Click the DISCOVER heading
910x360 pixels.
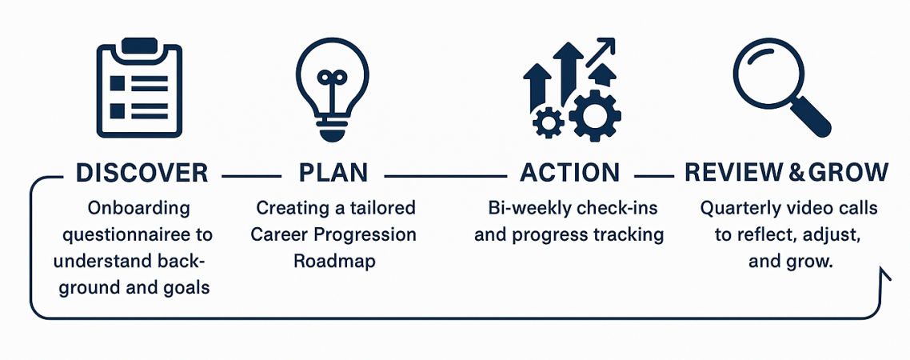click(x=142, y=173)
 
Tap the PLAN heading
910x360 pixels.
click(x=333, y=173)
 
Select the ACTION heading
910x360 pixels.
click(x=569, y=173)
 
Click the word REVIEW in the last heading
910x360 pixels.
click(x=735, y=173)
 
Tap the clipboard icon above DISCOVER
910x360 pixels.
click(x=139, y=87)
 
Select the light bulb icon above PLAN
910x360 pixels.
click(x=333, y=89)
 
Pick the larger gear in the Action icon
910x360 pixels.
click(x=595, y=115)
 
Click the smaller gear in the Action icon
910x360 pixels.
click(x=548, y=122)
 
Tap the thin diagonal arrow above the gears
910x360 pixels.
click(x=600, y=52)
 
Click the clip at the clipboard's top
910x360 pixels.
click(x=139, y=46)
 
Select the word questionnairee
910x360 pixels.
click(x=137, y=235)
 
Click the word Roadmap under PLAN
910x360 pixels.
click(x=334, y=260)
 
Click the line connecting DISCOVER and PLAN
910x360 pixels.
click(x=251, y=174)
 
